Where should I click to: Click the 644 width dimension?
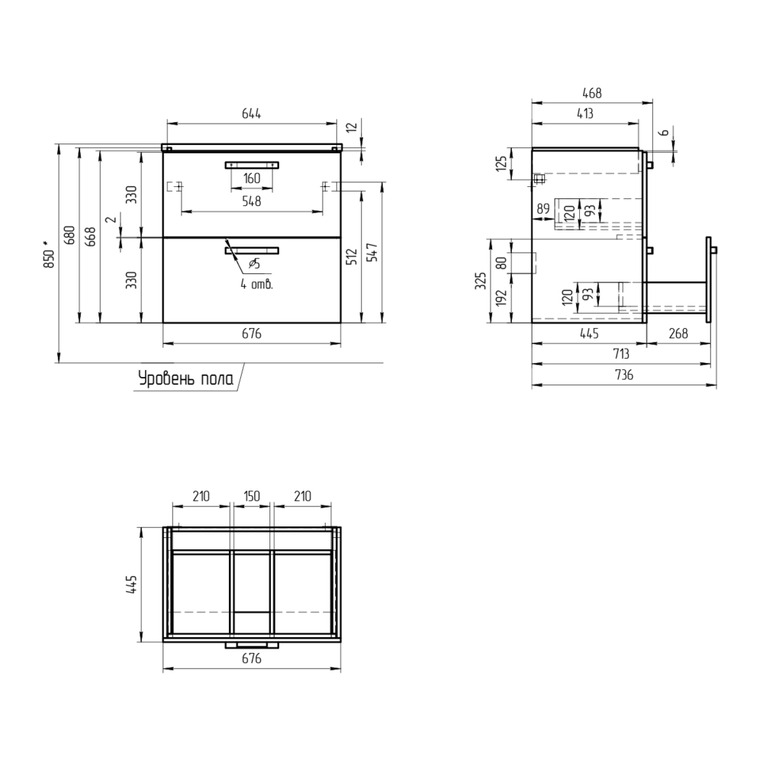click(x=252, y=114)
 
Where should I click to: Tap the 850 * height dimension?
click(x=47, y=253)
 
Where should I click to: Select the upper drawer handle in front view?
click(x=252, y=165)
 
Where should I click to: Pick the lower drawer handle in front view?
click(x=252, y=250)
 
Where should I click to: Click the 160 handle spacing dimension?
click(x=252, y=178)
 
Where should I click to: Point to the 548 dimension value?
click(x=252, y=201)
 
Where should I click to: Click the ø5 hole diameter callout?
click(x=254, y=264)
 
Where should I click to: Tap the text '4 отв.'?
click(x=256, y=284)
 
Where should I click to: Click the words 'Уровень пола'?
click(x=186, y=378)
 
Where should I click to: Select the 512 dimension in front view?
click(x=353, y=256)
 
